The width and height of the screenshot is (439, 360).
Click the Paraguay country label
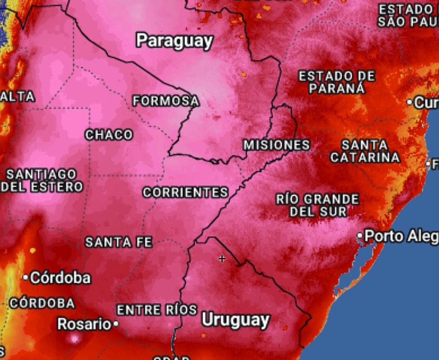pyautogui.click(x=174, y=41)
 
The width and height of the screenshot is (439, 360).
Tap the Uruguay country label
pyautogui.click(x=235, y=320)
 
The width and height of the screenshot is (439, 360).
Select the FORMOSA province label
pyautogui.click(x=166, y=101)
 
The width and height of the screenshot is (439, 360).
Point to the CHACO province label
pyautogui.click(x=109, y=135)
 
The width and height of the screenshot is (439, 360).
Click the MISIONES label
pyautogui.click(x=277, y=145)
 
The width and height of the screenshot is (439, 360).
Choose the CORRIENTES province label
pyautogui.click(x=185, y=192)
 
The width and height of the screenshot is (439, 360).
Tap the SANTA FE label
pyautogui.click(x=119, y=242)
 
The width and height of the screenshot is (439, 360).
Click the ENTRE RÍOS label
pyautogui.click(x=157, y=310)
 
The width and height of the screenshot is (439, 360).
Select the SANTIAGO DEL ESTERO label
pyautogui.click(x=42, y=181)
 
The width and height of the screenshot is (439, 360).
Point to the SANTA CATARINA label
pyautogui.click(x=365, y=151)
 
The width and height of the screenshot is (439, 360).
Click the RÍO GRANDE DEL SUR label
pyautogui.click(x=318, y=205)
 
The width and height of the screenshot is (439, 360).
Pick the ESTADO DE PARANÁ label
pyautogui.click(x=337, y=82)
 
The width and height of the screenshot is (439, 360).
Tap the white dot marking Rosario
pyautogui.click(x=116, y=324)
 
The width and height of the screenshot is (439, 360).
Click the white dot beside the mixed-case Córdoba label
pyautogui.click(x=26, y=278)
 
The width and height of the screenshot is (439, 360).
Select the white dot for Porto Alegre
pyautogui.click(x=361, y=236)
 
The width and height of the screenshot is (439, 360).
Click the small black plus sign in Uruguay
pyautogui.click(x=222, y=259)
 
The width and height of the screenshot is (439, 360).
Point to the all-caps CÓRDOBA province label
pyautogui.click(x=42, y=303)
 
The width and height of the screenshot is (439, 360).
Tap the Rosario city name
pyautogui.click(x=84, y=324)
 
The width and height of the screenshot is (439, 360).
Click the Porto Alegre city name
pyautogui.click(x=401, y=236)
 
